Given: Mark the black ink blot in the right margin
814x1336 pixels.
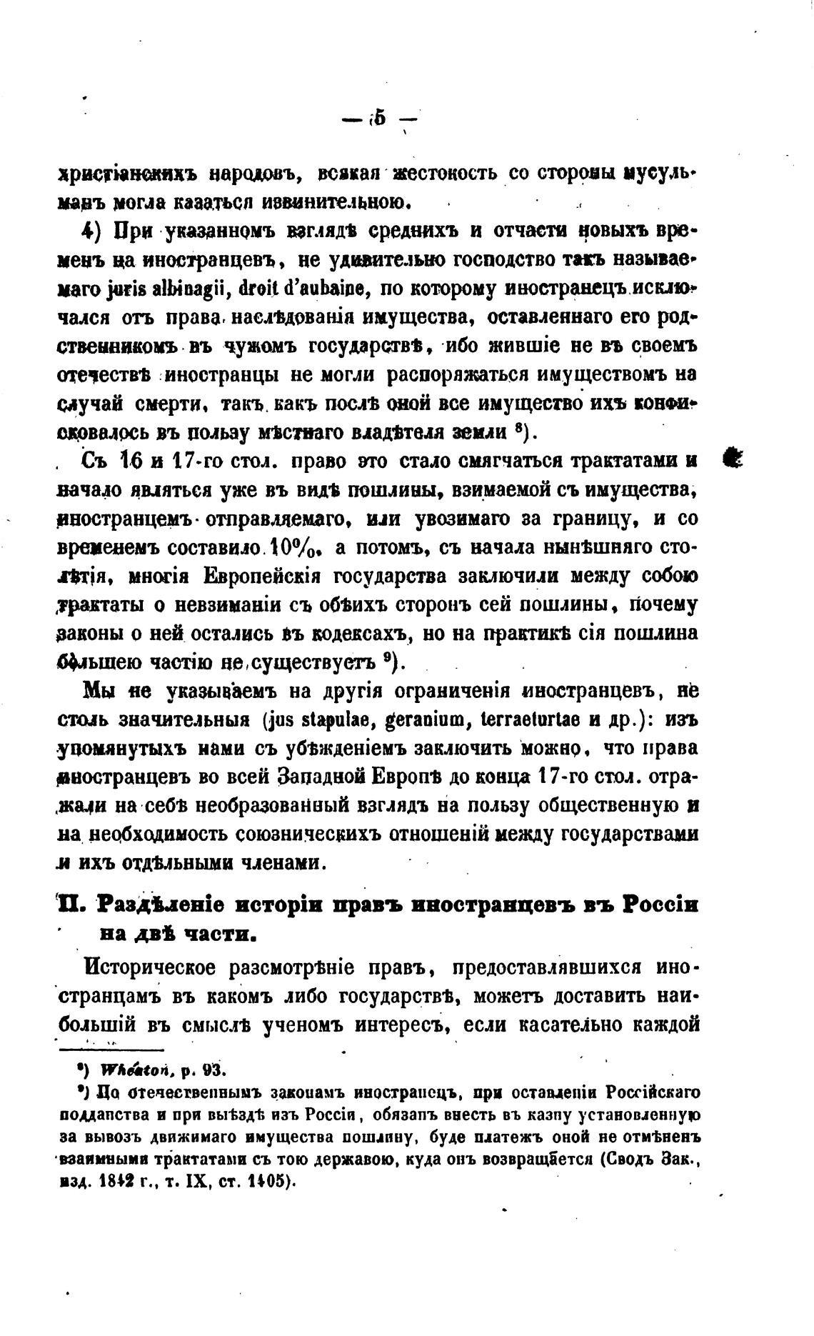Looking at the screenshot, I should [733, 457].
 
